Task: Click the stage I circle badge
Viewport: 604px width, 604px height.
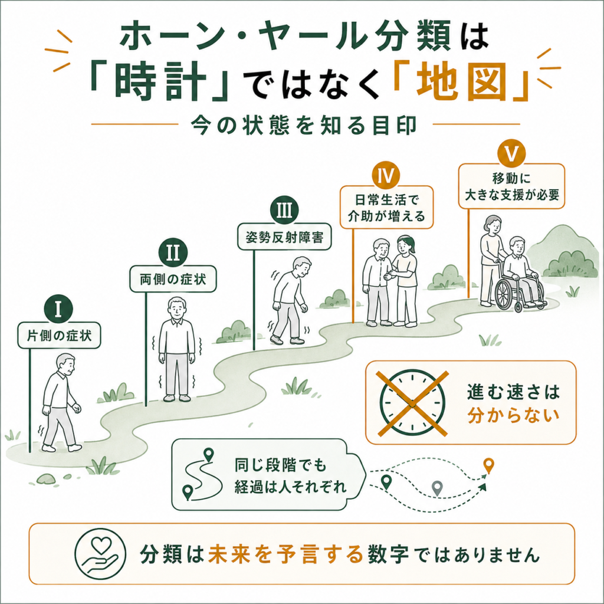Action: click(58, 309)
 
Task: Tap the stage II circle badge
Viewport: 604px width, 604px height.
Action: click(173, 252)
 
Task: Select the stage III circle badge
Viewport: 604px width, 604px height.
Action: click(284, 211)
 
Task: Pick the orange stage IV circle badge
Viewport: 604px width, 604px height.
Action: click(386, 176)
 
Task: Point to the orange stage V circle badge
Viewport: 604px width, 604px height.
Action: click(511, 154)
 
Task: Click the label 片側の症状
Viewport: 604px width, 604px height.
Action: click(59, 336)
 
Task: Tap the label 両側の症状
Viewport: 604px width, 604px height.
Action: click(173, 279)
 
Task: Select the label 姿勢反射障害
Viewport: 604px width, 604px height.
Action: click(284, 237)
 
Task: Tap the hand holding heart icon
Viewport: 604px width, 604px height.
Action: click(100, 554)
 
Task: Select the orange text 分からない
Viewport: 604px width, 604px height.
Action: click(514, 416)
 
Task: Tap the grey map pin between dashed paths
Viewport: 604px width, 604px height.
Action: click(436, 488)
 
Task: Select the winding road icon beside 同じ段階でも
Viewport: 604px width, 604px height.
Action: click(202, 475)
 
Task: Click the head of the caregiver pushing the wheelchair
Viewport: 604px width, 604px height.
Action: click(493, 225)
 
